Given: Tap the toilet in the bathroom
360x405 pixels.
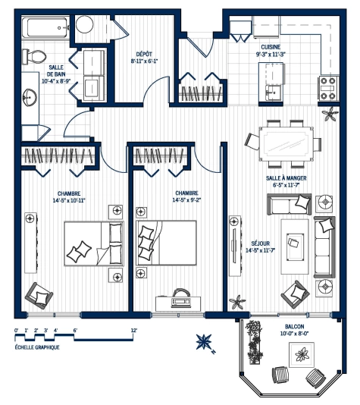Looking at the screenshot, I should click(x=34, y=55).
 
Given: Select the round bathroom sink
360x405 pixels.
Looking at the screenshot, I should click(x=30, y=98).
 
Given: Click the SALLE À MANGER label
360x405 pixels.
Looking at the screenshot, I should click(x=286, y=179).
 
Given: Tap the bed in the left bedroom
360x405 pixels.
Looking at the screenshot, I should click(x=92, y=243).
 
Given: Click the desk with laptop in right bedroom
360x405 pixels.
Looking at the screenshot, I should click(x=180, y=298).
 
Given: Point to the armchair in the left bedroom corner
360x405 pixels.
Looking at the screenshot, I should click(x=39, y=292).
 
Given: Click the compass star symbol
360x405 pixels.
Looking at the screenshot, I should click(x=203, y=341).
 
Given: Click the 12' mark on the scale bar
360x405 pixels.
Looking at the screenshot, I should click(x=133, y=330).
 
